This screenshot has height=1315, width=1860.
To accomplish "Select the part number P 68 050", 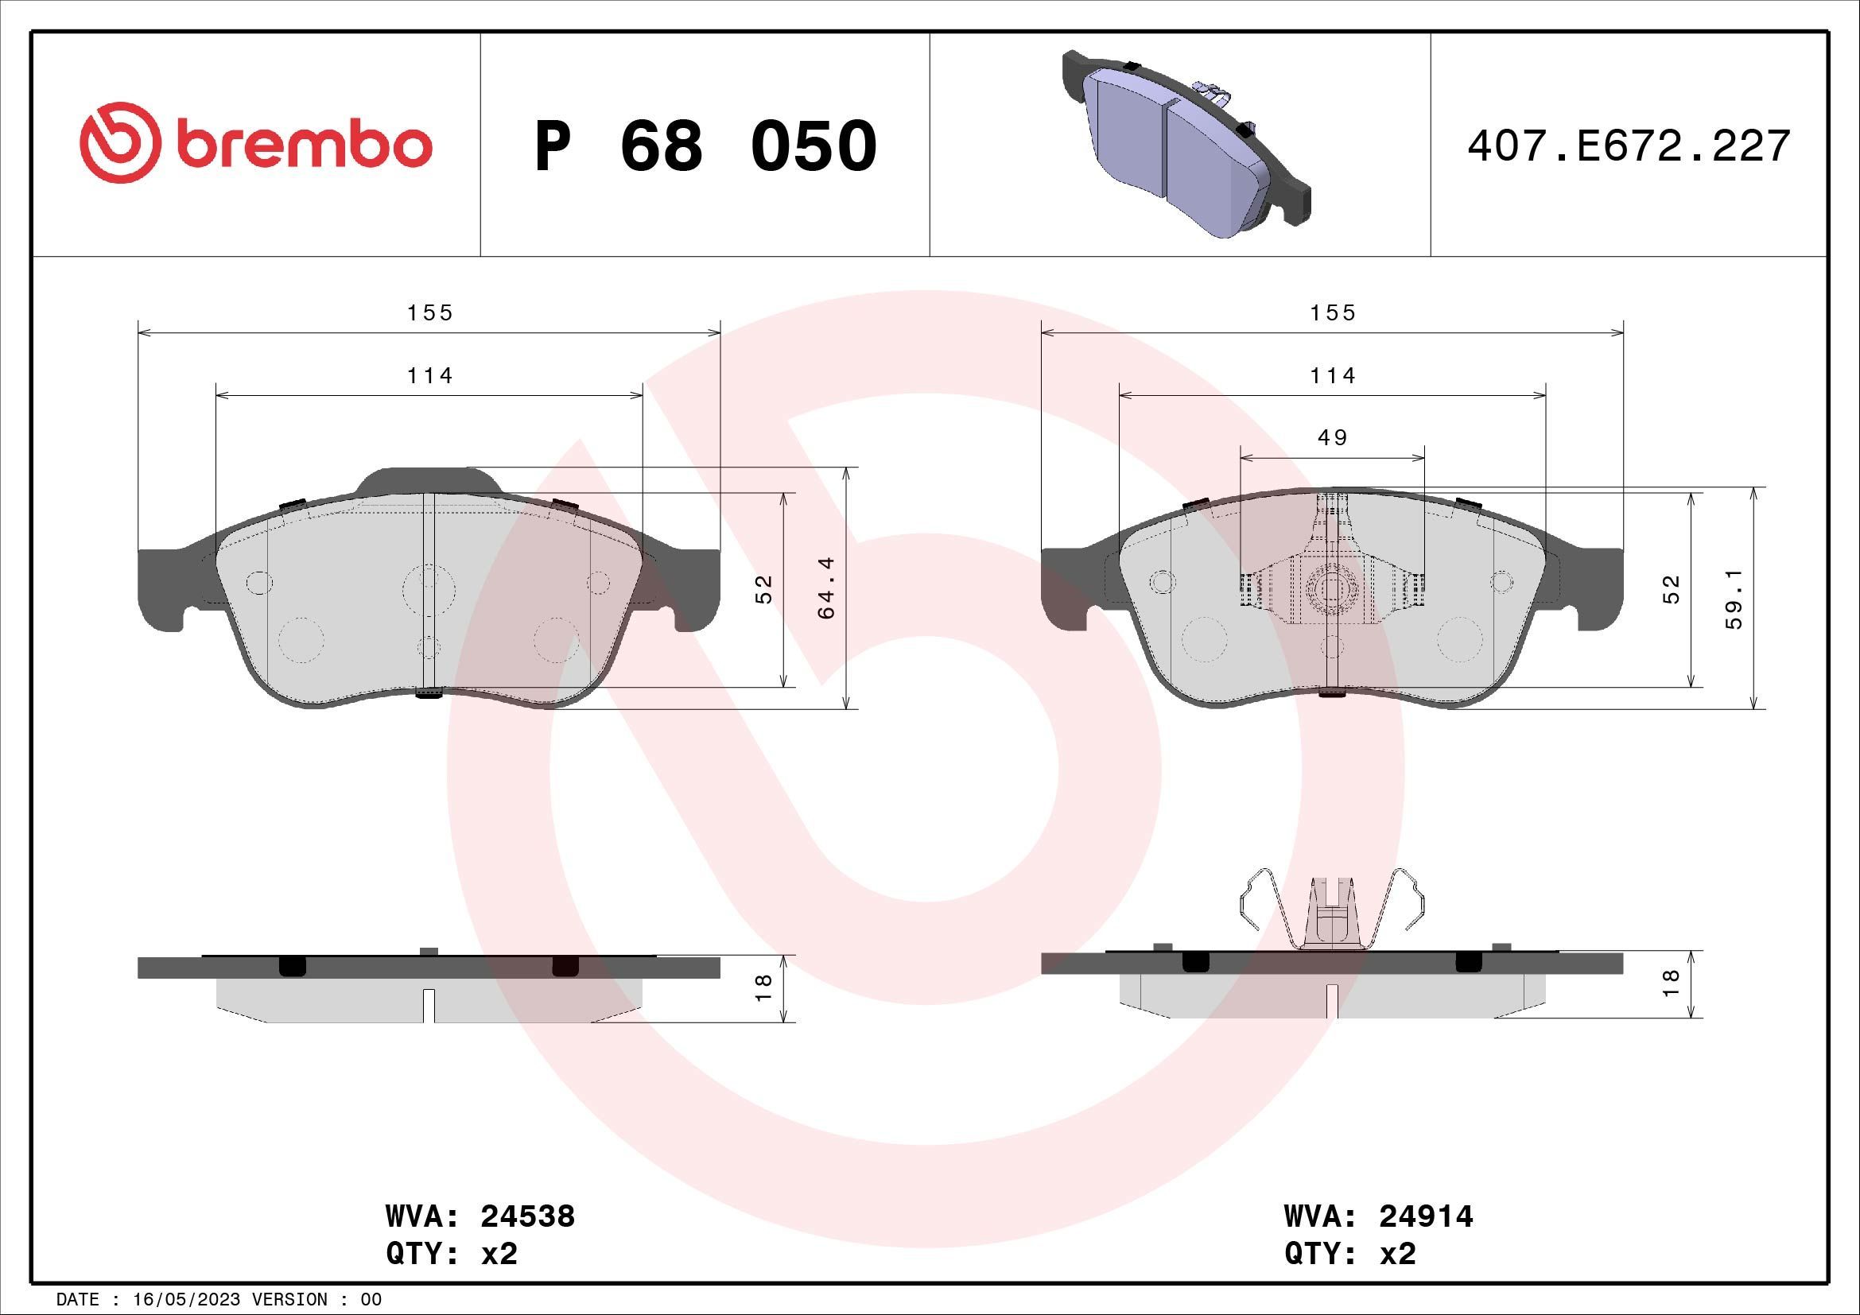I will (705, 146).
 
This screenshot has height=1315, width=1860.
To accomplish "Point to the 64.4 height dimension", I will (825, 588).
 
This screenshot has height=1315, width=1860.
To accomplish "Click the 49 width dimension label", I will (1332, 438).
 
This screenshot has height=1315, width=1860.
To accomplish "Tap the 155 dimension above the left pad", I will (429, 312).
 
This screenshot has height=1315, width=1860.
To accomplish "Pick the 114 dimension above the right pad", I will (1332, 376).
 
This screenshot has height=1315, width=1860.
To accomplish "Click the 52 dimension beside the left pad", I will (763, 588).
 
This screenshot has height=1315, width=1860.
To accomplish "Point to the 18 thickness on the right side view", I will (1671, 983).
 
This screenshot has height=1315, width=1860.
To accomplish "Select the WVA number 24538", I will (527, 1217).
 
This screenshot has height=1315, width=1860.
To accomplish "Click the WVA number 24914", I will (1426, 1217).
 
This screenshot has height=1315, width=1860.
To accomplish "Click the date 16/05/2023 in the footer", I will (186, 1300).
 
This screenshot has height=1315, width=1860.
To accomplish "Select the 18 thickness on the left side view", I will (763, 987).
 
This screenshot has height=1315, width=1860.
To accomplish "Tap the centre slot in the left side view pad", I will (429, 1005).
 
